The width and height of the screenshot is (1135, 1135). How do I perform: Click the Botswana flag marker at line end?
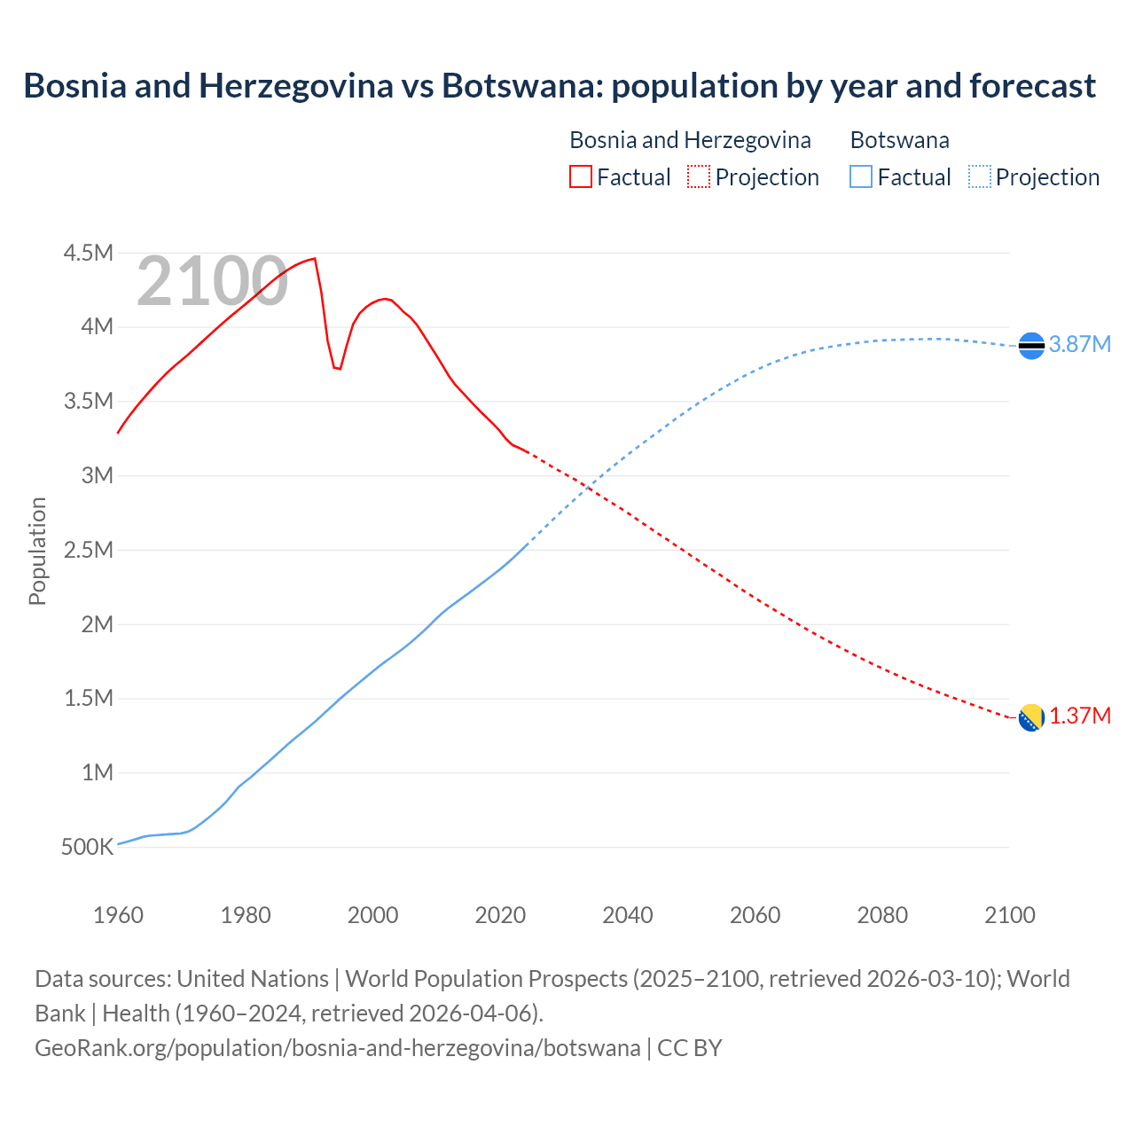point(1031,345)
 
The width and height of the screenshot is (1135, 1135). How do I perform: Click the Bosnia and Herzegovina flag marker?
point(1031,717)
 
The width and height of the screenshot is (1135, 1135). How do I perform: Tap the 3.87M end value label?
point(1079,345)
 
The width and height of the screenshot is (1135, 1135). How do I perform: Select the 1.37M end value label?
point(1080,716)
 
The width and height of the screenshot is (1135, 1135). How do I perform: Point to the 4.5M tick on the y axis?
point(88,254)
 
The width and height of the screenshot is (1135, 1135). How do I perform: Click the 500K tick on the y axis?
point(87,847)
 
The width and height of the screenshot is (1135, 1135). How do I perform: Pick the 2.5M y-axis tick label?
point(88,550)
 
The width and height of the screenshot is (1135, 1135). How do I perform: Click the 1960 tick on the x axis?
point(118,915)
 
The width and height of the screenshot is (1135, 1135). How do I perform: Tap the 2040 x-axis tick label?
point(627,915)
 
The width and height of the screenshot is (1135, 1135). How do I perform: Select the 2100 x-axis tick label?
point(1009,915)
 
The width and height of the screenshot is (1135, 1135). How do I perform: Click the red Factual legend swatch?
point(580,176)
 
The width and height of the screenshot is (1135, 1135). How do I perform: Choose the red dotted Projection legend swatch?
point(698,176)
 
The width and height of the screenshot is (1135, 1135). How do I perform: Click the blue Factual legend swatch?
point(860,176)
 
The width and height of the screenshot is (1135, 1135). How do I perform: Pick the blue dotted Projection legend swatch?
point(979,176)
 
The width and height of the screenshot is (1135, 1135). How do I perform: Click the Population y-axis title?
point(37,551)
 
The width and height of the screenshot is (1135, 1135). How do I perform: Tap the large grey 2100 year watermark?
point(212,282)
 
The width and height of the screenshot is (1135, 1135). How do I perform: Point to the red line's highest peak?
point(314,259)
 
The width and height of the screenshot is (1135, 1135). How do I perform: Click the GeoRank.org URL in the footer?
point(337,1048)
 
